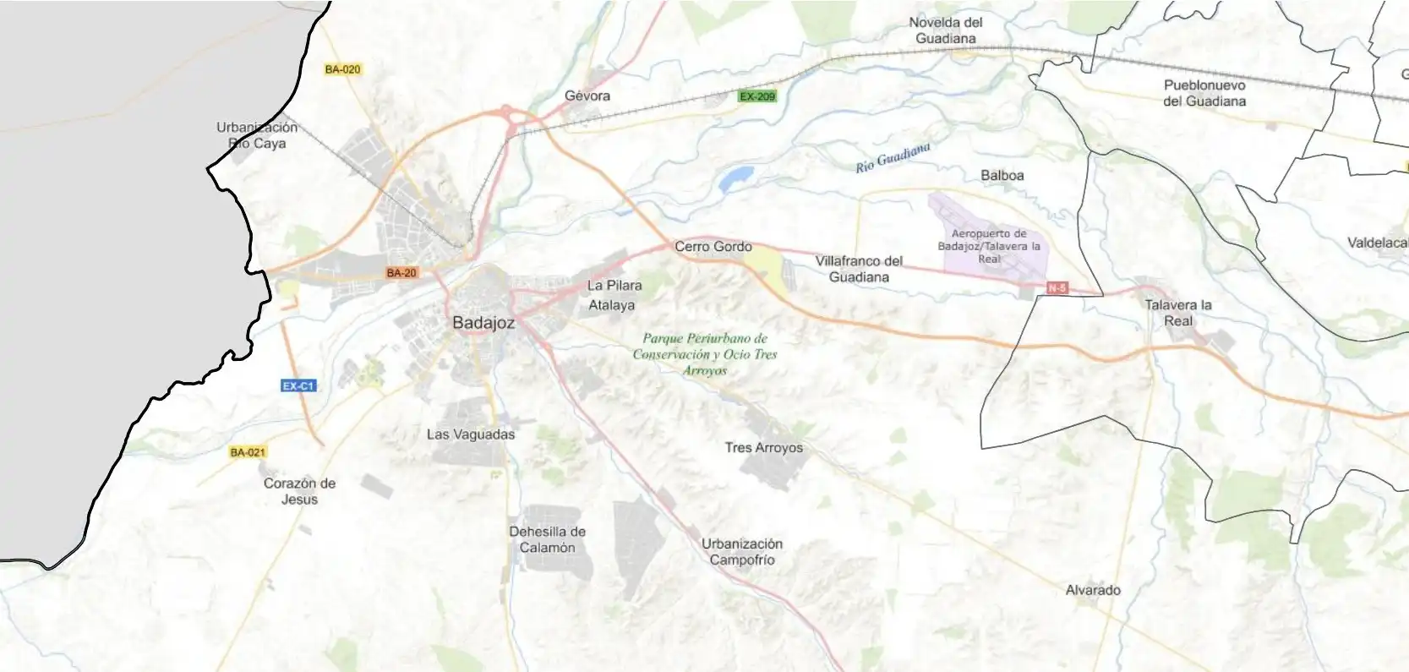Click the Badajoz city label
483,323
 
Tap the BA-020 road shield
342,69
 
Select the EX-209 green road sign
756,96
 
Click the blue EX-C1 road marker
298,386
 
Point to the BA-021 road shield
248,452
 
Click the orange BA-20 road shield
401,273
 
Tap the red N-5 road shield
1057,288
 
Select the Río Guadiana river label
893,157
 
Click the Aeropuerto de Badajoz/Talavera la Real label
989,246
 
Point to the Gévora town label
587,96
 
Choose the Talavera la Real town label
1178,313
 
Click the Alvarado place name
1093,590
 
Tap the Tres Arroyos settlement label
763,448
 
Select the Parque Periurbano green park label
705,354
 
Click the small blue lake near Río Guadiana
735,178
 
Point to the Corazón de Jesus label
299,491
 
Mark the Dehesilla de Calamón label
547,539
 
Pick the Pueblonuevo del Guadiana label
1204,93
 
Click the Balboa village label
1002,176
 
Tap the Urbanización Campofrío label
742,551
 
